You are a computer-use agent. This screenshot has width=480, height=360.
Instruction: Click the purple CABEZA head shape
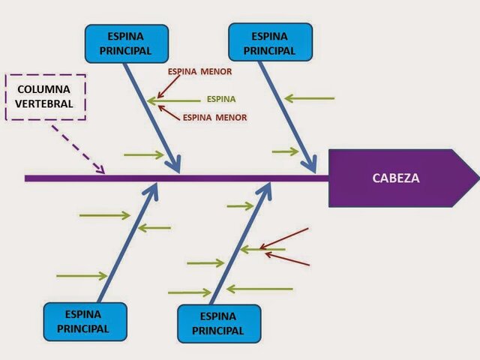(x=397, y=178)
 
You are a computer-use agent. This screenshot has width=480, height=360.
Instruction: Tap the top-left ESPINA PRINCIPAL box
(x=126, y=43)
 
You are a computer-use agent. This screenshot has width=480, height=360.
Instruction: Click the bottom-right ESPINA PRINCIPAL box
(x=218, y=323)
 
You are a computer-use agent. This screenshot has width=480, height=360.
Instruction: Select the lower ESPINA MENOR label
(x=214, y=118)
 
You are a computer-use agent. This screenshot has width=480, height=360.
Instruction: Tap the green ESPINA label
(x=221, y=99)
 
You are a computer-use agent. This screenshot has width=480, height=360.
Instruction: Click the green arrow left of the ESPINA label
(x=174, y=100)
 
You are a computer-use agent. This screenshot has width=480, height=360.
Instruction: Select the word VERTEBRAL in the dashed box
(x=46, y=103)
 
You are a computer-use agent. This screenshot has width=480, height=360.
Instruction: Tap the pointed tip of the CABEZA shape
(x=475, y=178)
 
